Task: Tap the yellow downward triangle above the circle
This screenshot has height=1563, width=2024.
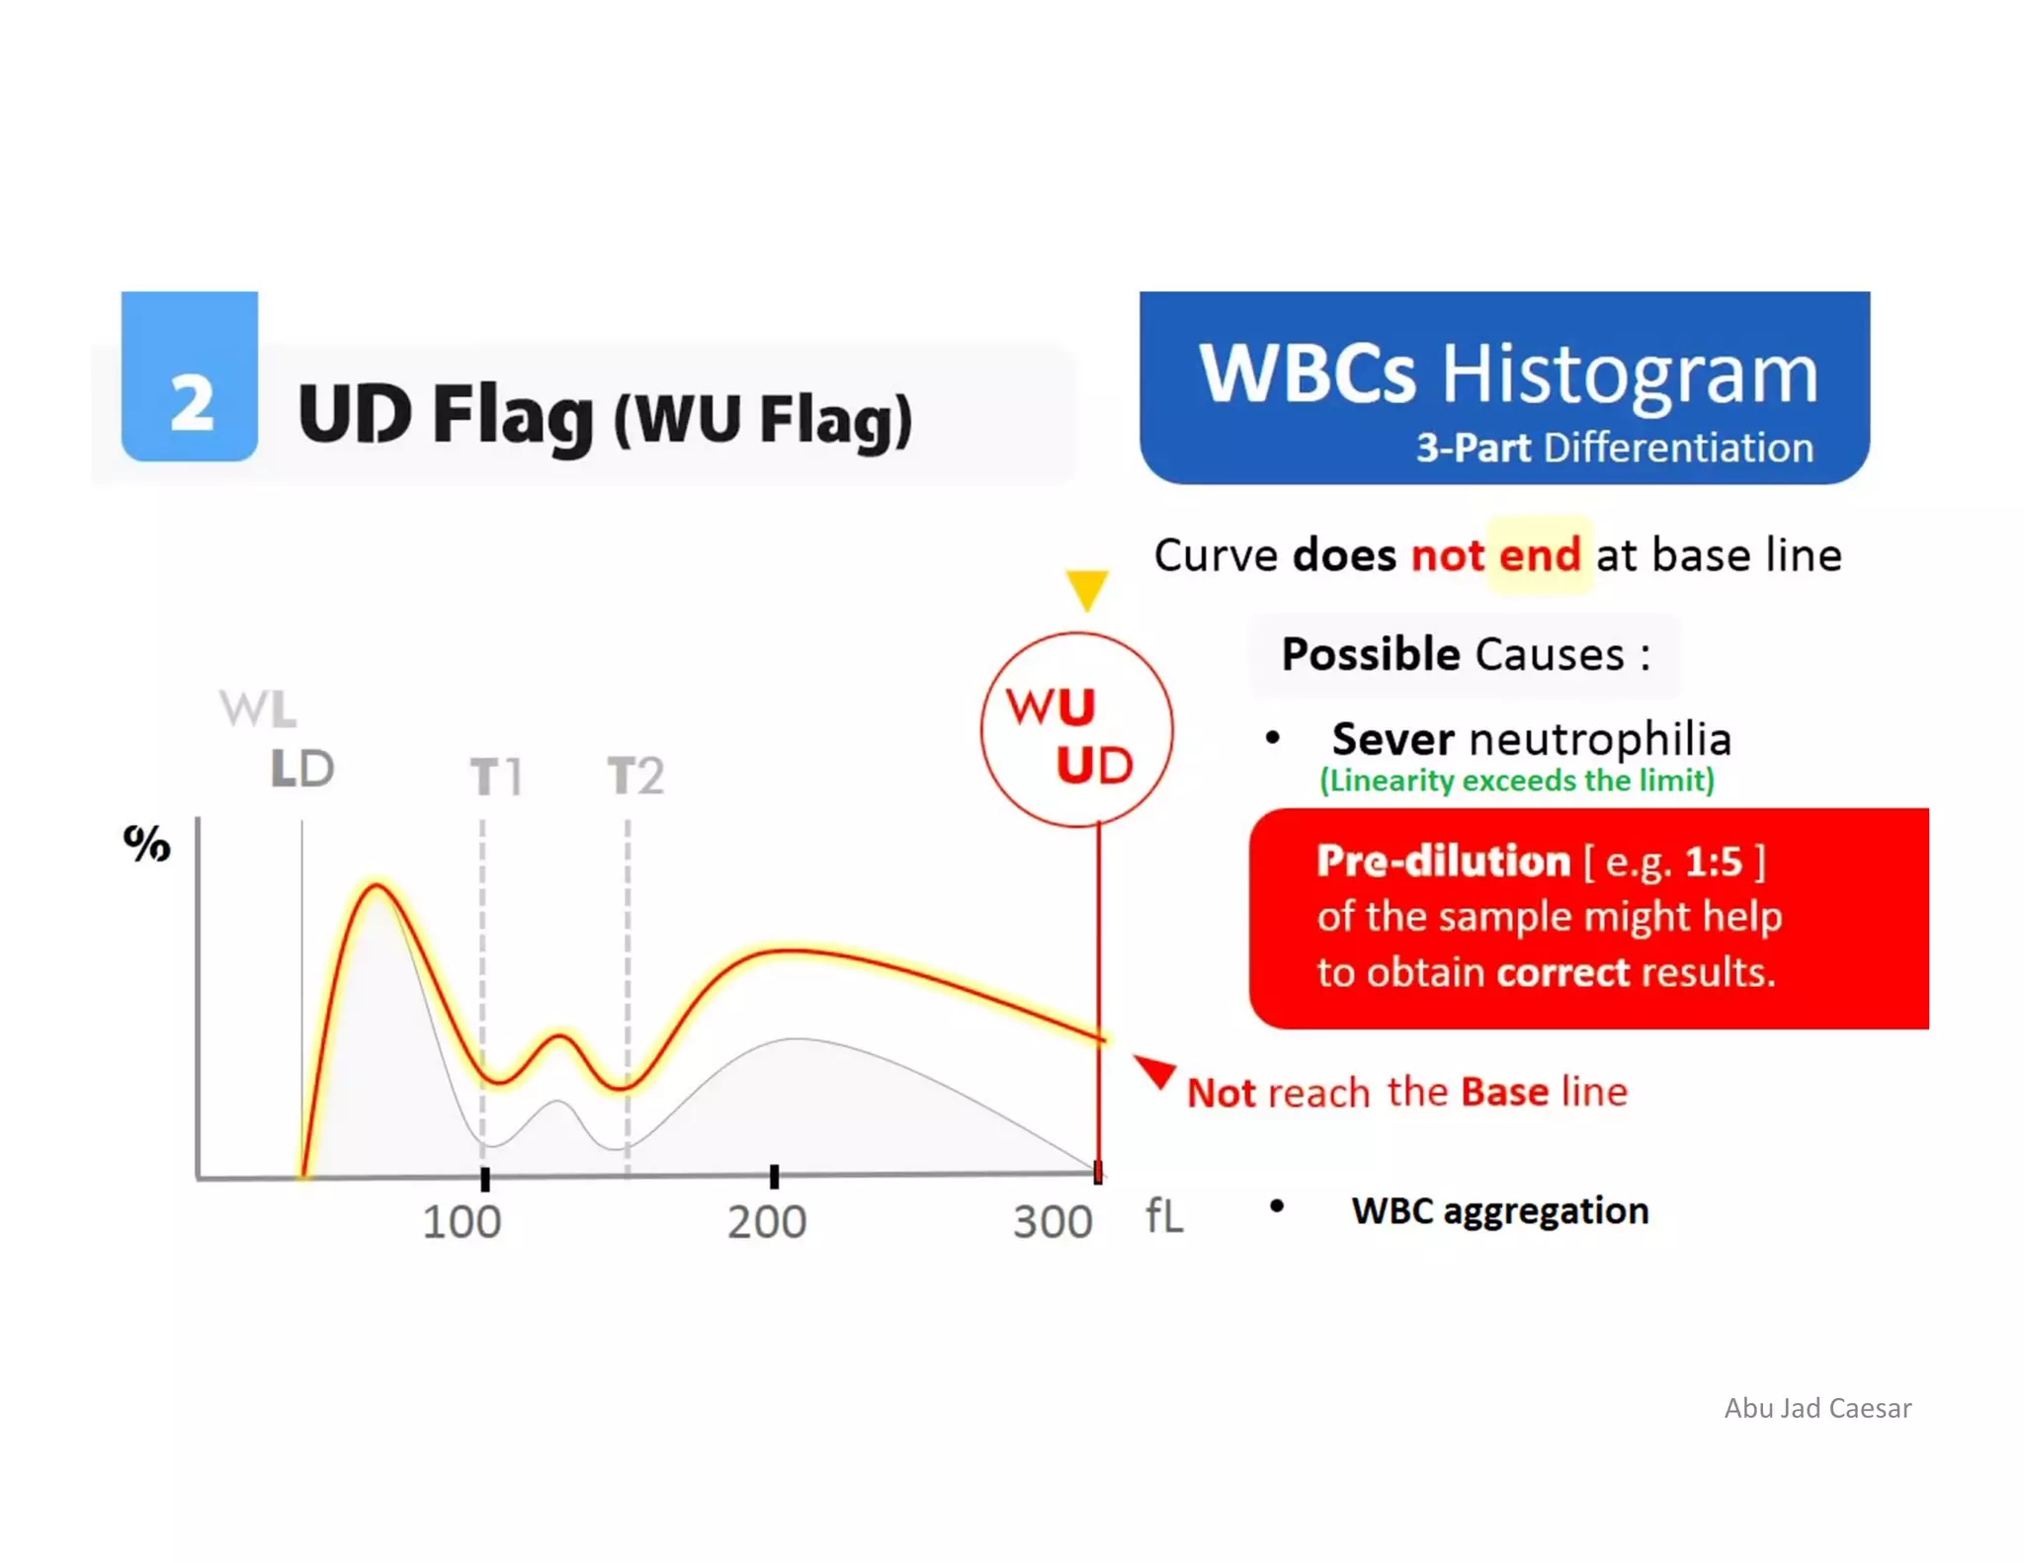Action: [1086, 590]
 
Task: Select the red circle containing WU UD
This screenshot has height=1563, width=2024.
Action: [1076, 730]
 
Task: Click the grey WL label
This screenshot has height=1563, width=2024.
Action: [257, 708]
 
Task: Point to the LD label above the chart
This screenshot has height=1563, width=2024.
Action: [302, 769]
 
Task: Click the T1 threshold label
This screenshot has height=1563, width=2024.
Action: [495, 777]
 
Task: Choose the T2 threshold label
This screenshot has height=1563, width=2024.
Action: [635, 776]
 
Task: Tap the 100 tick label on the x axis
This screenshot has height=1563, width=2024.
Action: [462, 1222]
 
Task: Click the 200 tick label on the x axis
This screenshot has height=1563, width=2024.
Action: [767, 1222]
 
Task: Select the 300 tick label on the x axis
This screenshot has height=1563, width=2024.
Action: [1053, 1222]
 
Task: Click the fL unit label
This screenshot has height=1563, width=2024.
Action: [1164, 1216]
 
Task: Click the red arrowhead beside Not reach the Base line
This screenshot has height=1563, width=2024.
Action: [1155, 1071]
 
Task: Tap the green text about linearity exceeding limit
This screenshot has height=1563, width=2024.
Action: [1517, 781]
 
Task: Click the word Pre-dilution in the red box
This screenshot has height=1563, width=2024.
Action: [1443, 862]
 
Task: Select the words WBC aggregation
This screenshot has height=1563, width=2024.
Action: [1499, 1210]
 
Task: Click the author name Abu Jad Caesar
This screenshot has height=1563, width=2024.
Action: [1817, 1408]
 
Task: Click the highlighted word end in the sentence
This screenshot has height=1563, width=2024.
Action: [1540, 555]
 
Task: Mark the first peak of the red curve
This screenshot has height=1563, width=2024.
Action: [376, 886]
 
